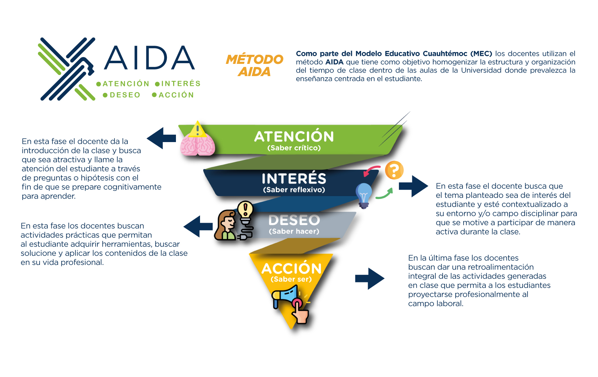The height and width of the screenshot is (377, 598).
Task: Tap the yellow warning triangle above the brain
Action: tap(198, 130)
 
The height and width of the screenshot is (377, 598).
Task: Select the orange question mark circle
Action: tap(394, 170)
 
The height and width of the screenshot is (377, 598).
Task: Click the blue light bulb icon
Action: tap(364, 195)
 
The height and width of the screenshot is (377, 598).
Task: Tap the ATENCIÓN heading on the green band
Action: tap(294, 136)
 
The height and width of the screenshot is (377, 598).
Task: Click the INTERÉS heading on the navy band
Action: tap(294, 178)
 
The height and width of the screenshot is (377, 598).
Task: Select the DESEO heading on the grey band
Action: tap(294, 220)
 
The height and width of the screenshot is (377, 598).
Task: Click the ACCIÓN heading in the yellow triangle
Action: tap(291, 268)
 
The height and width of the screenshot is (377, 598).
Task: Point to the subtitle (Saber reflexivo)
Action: tap(294, 190)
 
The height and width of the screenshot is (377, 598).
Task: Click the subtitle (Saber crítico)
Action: tap(294, 148)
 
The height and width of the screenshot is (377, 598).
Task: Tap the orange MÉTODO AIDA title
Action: tap(254, 65)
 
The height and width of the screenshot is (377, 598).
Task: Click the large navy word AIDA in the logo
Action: tap(149, 58)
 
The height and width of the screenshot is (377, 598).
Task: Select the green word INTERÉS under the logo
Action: tap(181, 84)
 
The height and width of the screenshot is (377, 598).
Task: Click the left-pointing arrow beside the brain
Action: tap(161, 138)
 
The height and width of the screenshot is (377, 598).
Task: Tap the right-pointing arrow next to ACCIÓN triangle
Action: tap(370, 279)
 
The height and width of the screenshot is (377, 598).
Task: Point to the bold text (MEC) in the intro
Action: tap(481, 54)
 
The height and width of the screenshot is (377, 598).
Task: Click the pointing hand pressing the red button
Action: tap(300, 312)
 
